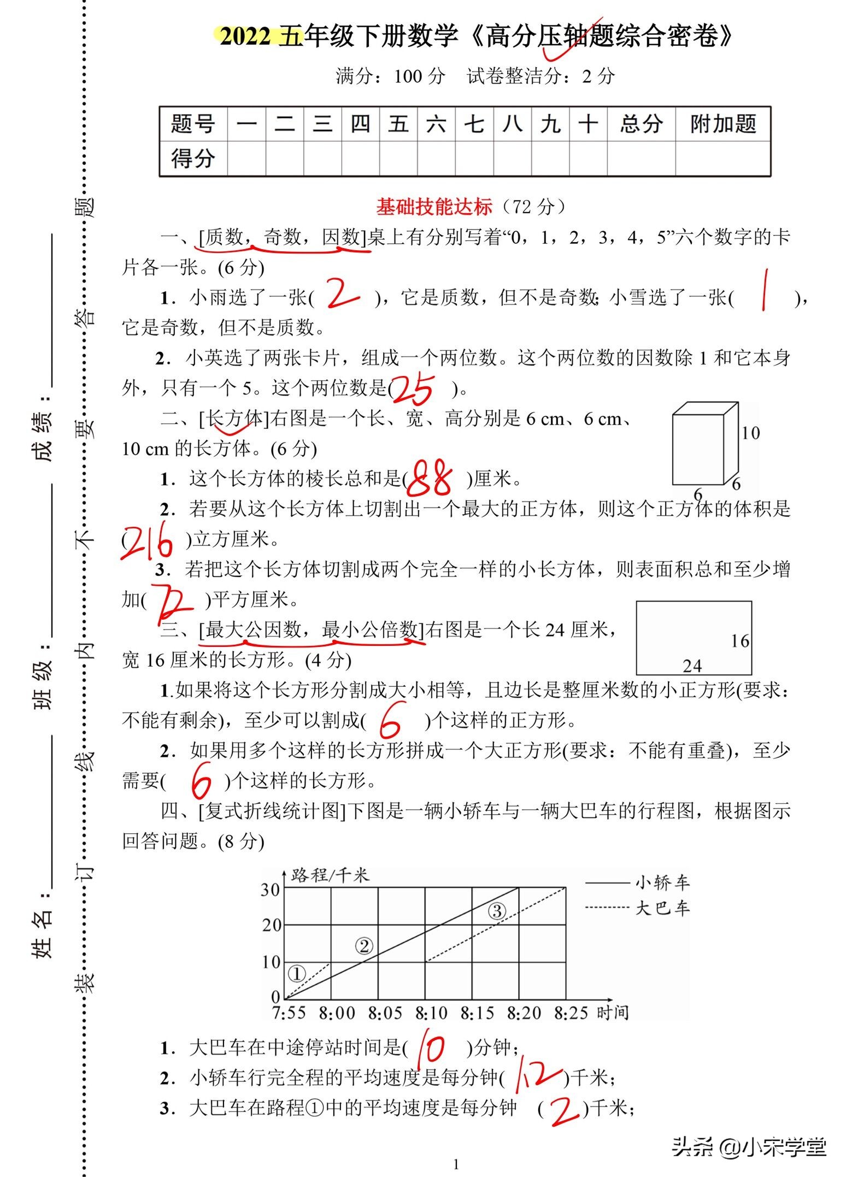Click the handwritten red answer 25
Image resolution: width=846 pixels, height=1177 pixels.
click(414, 389)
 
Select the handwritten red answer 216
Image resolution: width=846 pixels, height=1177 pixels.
click(146, 541)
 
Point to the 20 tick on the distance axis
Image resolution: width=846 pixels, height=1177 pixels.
click(272, 925)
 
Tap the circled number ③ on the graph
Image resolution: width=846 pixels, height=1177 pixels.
click(497, 911)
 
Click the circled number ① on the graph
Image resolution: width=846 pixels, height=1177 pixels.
click(297, 973)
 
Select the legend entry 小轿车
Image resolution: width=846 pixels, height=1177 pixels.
click(662, 882)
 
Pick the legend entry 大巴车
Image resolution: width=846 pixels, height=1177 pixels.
click(662, 908)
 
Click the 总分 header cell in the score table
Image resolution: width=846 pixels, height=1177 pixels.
click(641, 125)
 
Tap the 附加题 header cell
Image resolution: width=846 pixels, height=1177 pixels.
click(722, 125)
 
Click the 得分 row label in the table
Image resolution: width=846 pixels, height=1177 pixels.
click(193, 158)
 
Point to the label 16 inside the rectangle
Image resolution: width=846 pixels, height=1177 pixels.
click(740, 641)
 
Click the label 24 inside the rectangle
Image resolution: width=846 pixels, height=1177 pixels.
click(692, 666)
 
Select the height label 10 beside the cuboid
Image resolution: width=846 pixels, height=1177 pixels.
click(750, 433)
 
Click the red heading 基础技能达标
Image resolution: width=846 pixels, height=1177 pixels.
click(434, 207)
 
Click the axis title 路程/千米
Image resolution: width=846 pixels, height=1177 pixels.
click(330, 875)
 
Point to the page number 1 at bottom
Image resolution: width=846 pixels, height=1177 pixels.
click(456, 1164)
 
